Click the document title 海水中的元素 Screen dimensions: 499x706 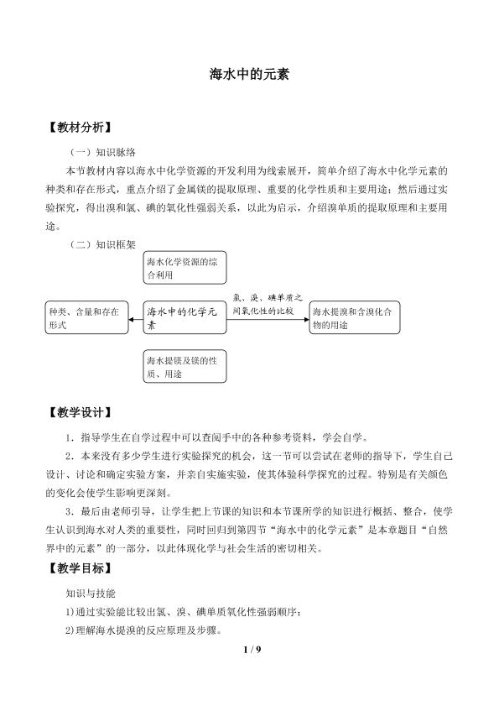249,74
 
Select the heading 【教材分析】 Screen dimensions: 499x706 80,128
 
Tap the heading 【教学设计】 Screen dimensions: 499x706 80,412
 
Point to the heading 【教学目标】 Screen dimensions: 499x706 80,568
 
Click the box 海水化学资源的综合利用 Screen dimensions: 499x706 185,268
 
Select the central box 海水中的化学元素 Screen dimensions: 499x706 185,317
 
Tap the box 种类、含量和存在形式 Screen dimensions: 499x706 86,317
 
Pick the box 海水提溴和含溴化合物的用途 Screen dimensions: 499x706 355,317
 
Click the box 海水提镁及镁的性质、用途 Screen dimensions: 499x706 185,367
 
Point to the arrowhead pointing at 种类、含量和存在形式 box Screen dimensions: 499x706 131,320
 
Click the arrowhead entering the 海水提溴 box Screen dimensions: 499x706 307,320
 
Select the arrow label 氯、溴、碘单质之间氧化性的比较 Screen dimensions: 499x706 268,304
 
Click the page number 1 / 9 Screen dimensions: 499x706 252,649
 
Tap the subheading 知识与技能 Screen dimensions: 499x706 91,594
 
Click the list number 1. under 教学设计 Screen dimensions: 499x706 70,437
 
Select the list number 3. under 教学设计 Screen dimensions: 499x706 70,511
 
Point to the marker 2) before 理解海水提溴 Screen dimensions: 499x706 70,630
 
